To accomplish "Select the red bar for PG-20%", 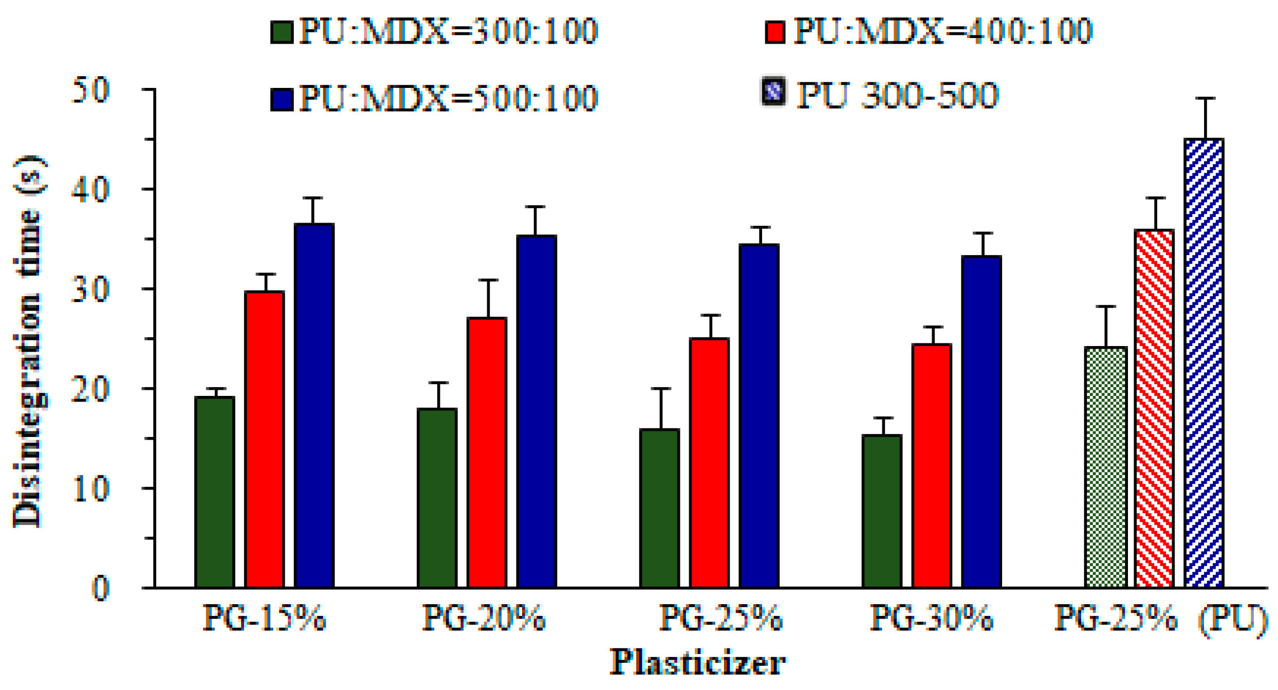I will (487, 452).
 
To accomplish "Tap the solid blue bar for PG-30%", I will (981, 422).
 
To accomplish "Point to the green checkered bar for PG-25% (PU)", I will (1106, 467).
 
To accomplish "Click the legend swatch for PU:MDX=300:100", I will (282, 32).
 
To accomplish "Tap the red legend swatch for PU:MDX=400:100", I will (775, 32).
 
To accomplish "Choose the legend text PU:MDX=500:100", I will (448, 99).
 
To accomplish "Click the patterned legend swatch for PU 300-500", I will (773, 92).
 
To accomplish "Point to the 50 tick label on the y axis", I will (90, 90).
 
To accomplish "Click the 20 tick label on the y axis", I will (90, 389).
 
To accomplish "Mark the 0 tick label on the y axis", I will (100, 589).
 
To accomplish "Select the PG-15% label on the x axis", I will (265, 618).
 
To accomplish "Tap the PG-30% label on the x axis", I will (931, 618).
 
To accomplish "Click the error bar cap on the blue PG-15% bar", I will (312, 198).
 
